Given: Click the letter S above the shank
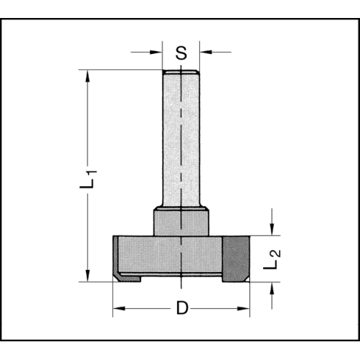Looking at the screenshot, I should tap(181, 53).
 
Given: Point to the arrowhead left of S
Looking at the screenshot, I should tap(158, 51).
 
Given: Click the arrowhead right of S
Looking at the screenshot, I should tap(204, 51).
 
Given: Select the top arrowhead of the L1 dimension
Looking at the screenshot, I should tap(87, 75).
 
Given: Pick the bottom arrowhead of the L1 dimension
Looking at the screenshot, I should tap(87, 276).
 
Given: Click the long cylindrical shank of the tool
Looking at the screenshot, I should tap(181, 138).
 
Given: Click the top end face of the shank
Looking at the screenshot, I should tap(181, 72).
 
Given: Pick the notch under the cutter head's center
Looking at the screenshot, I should tap(181, 278).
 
